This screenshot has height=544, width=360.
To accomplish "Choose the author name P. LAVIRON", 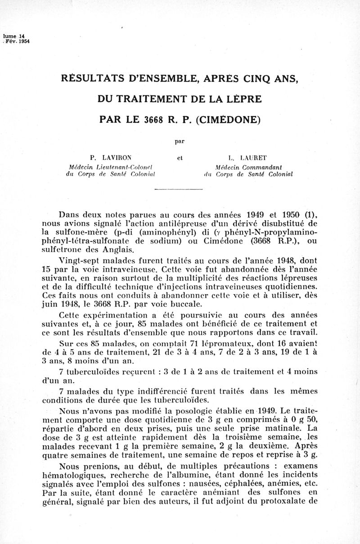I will [x=111, y=158].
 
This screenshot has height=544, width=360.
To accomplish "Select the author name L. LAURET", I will [x=247, y=158].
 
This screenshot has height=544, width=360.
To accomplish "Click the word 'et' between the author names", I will [x=180, y=158].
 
